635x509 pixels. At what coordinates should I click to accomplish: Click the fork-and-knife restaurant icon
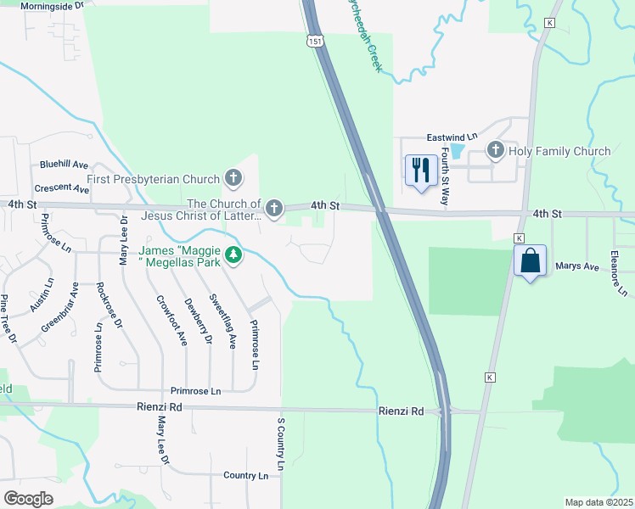point(421,171)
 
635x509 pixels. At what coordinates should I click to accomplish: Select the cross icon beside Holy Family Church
point(496,151)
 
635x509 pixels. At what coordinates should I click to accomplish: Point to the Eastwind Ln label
point(452,137)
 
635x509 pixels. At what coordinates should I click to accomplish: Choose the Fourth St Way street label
point(444,179)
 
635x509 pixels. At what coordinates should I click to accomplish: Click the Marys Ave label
point(577,266)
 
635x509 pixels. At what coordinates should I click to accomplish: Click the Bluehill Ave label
point(64,164)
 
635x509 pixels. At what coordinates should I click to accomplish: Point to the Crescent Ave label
point(61,188)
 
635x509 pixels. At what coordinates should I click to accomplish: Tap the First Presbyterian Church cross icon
point(233,179)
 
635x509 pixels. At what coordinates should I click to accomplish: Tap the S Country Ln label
point(279,443)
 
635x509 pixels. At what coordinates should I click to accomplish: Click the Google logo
point(28,499)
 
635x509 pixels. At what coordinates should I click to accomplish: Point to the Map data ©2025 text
point(598,502)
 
